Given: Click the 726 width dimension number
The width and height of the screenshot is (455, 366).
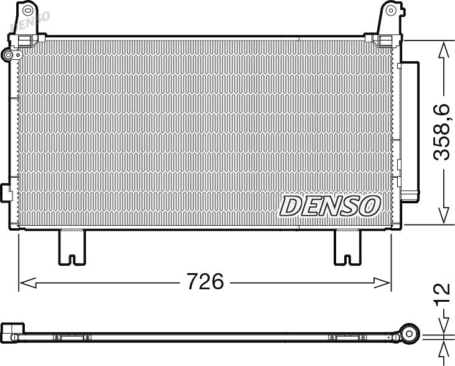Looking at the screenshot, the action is (x=205, y=281).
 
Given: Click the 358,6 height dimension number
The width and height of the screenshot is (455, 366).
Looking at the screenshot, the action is (x=441, y=132).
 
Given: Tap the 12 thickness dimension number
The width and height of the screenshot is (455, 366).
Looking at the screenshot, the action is (x=442, y=294).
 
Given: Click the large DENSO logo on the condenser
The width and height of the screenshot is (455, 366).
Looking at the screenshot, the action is (x=330, y=206).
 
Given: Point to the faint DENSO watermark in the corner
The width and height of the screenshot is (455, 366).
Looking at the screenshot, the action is (x=29, y=21).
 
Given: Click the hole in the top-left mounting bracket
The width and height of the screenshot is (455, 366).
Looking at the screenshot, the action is (x=28, y=10).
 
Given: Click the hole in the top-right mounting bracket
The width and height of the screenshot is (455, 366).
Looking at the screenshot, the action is (x=391, y=11).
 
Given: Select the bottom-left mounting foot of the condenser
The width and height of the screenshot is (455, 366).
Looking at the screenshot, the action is (x=72, y=247).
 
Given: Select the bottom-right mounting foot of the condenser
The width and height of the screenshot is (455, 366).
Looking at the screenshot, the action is (x=347, y=247).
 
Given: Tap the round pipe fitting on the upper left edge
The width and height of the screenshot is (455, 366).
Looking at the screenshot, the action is (x=9, y=55).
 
